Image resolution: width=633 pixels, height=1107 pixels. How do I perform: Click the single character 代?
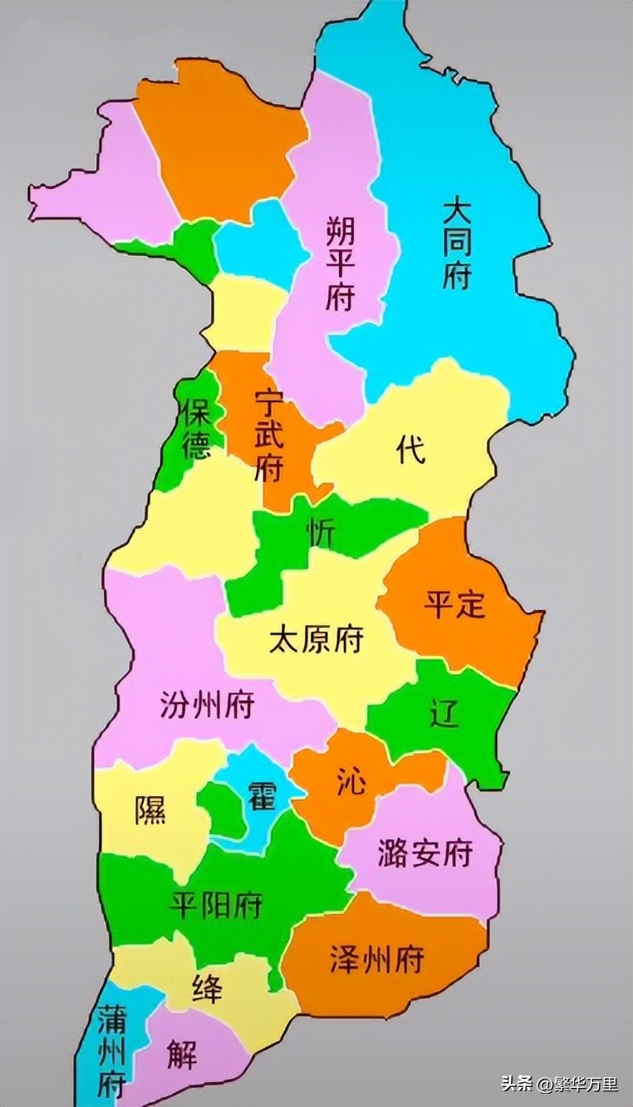pyautogui.click(x=410, y=450)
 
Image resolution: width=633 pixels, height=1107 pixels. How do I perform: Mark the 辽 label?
pyautogui.click(x=444, y=714)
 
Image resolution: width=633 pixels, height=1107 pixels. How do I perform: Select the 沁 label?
pyautogui.click(x=351, y=781)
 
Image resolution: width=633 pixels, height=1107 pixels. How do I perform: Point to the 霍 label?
pyautogui.click(x=257, y=797)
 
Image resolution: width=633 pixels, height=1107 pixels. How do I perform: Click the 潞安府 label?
pyautogui.click(x=424, y=854)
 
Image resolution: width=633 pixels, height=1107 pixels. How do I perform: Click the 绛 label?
pyautogui.click(x=207, y=989)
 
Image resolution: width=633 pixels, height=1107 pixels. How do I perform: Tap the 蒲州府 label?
pyautogui.click(x=110, y=1050)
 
